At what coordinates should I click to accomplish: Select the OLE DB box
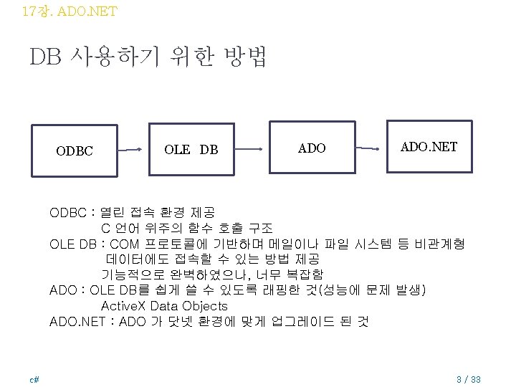tap(191, 150)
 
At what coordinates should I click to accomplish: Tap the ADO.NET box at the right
tap(429, 147)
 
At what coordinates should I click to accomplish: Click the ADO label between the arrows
tap(311, 148)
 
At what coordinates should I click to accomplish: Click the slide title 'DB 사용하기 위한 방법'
tap(148, 57)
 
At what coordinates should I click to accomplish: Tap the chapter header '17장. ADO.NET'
tap(70, 11)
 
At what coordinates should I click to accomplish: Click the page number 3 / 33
tap(468, 378)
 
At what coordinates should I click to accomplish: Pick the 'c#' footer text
tap(34, 378)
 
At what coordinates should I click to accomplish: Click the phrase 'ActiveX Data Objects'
tap(164, 306)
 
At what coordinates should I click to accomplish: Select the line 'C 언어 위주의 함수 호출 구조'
tap(186, 228)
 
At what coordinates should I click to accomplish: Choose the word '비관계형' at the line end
tap(443, 244)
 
